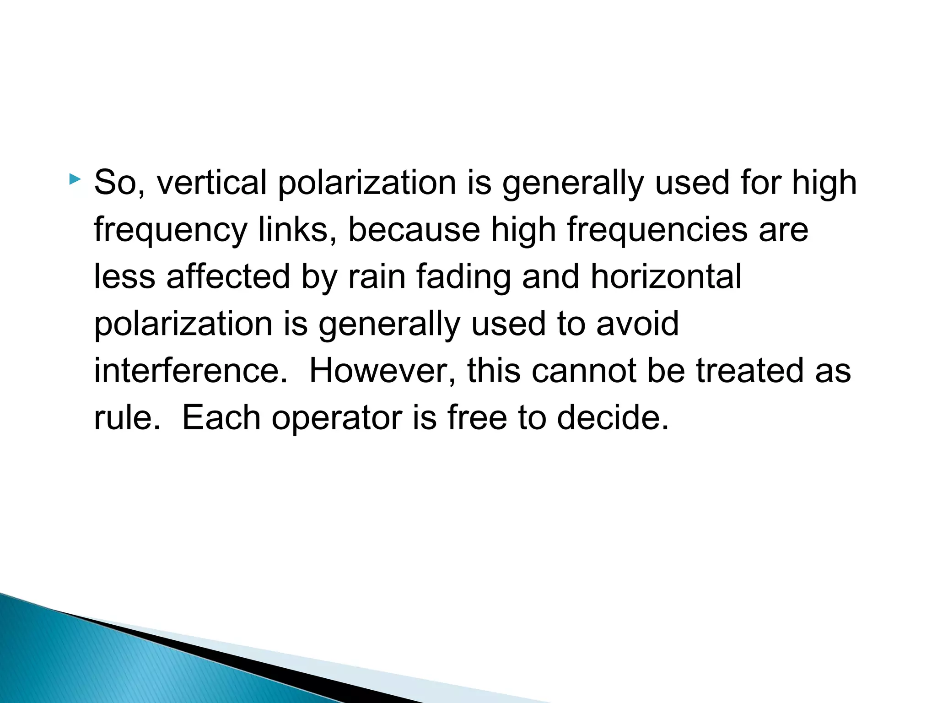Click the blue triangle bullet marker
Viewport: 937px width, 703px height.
75,179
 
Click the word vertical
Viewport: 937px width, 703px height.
211,183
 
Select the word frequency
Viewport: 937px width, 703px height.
171,230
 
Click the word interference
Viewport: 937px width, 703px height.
191,370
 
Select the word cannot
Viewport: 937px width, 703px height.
583,370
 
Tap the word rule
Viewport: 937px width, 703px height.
127,417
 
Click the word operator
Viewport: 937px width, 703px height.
337,418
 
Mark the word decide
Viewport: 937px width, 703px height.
613,417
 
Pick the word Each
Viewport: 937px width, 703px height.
221,417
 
